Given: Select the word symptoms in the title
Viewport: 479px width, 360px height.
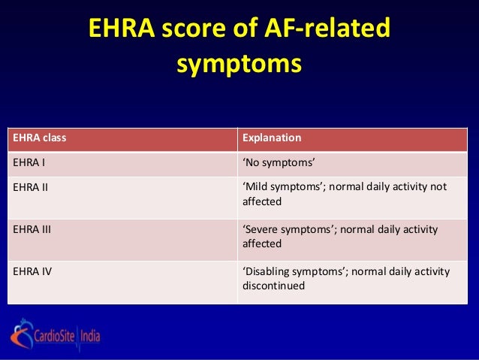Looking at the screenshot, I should pos(239,63).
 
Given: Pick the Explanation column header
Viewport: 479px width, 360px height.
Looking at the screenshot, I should pos(272,139).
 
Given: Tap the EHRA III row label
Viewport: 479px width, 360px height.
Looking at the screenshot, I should pos(32,228).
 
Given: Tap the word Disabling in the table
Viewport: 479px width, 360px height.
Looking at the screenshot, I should pos(269,271).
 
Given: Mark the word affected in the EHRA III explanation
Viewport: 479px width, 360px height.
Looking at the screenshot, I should pos(262,244).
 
